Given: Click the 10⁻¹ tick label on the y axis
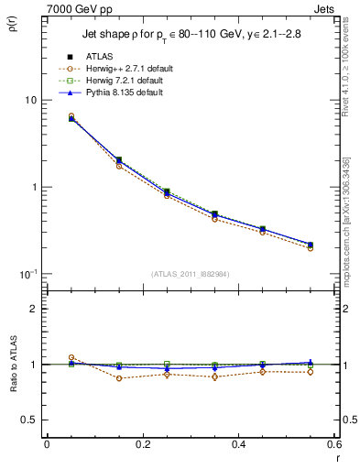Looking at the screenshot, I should click(x=28, y=275).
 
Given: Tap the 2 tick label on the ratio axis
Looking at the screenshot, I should click(x=33, y=309).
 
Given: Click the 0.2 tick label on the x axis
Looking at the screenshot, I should click(x=142, y=444).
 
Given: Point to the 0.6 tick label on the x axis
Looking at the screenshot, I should click(x=333, y=444).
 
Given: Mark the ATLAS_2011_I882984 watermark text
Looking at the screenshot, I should click(x=190, y=275).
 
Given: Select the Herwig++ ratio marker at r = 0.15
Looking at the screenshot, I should click(x=119, y=378).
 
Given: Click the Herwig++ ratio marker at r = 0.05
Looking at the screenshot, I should click(x=71, y=358).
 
